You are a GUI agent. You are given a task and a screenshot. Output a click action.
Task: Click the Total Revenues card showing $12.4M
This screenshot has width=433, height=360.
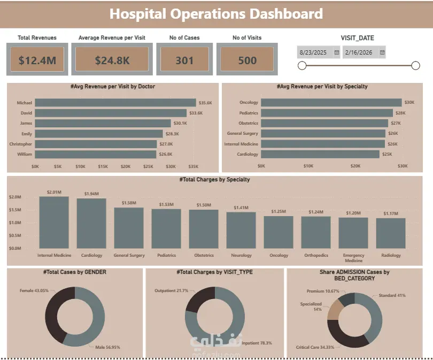pos(37,59)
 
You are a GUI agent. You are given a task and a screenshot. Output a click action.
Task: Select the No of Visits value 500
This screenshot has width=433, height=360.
pos(248,60)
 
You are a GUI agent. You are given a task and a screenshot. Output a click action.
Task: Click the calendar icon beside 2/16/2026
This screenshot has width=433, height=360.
pos(382,52)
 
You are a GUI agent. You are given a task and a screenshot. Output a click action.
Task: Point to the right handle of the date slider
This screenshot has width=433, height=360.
pos(415,65)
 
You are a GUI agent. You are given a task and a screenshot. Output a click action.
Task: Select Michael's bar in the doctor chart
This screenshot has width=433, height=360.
pos(115,103)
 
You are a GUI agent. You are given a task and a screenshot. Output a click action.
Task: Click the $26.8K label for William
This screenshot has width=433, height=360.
pos(166,154)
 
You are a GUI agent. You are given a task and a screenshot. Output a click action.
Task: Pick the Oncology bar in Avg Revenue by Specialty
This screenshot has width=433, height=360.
pos(331,103)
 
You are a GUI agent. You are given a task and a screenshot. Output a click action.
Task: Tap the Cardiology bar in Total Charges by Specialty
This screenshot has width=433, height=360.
pos(91,223)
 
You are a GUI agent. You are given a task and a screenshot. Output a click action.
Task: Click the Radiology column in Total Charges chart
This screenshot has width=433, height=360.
pos(391,233)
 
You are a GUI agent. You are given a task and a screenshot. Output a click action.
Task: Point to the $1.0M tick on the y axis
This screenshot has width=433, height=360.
pos(15,223)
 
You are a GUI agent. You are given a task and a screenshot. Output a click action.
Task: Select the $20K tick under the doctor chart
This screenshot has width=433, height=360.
pos(126,166)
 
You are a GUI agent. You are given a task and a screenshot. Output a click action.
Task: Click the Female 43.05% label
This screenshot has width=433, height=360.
pos(34,290)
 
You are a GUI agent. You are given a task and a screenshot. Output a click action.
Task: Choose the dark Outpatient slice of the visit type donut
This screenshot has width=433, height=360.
pos(199,299)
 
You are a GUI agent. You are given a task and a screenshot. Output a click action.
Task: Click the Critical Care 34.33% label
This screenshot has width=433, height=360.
pos(315,347)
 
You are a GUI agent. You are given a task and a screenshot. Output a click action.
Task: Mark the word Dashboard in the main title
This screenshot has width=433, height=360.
pos(286,14)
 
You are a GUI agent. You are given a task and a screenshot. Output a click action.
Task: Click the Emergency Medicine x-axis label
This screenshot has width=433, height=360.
pos(353,258)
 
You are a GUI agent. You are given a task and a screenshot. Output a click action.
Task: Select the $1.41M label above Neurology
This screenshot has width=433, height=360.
pos(241,208)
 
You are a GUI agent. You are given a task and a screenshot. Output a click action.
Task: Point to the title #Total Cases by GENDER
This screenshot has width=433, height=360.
pos(74,272)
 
